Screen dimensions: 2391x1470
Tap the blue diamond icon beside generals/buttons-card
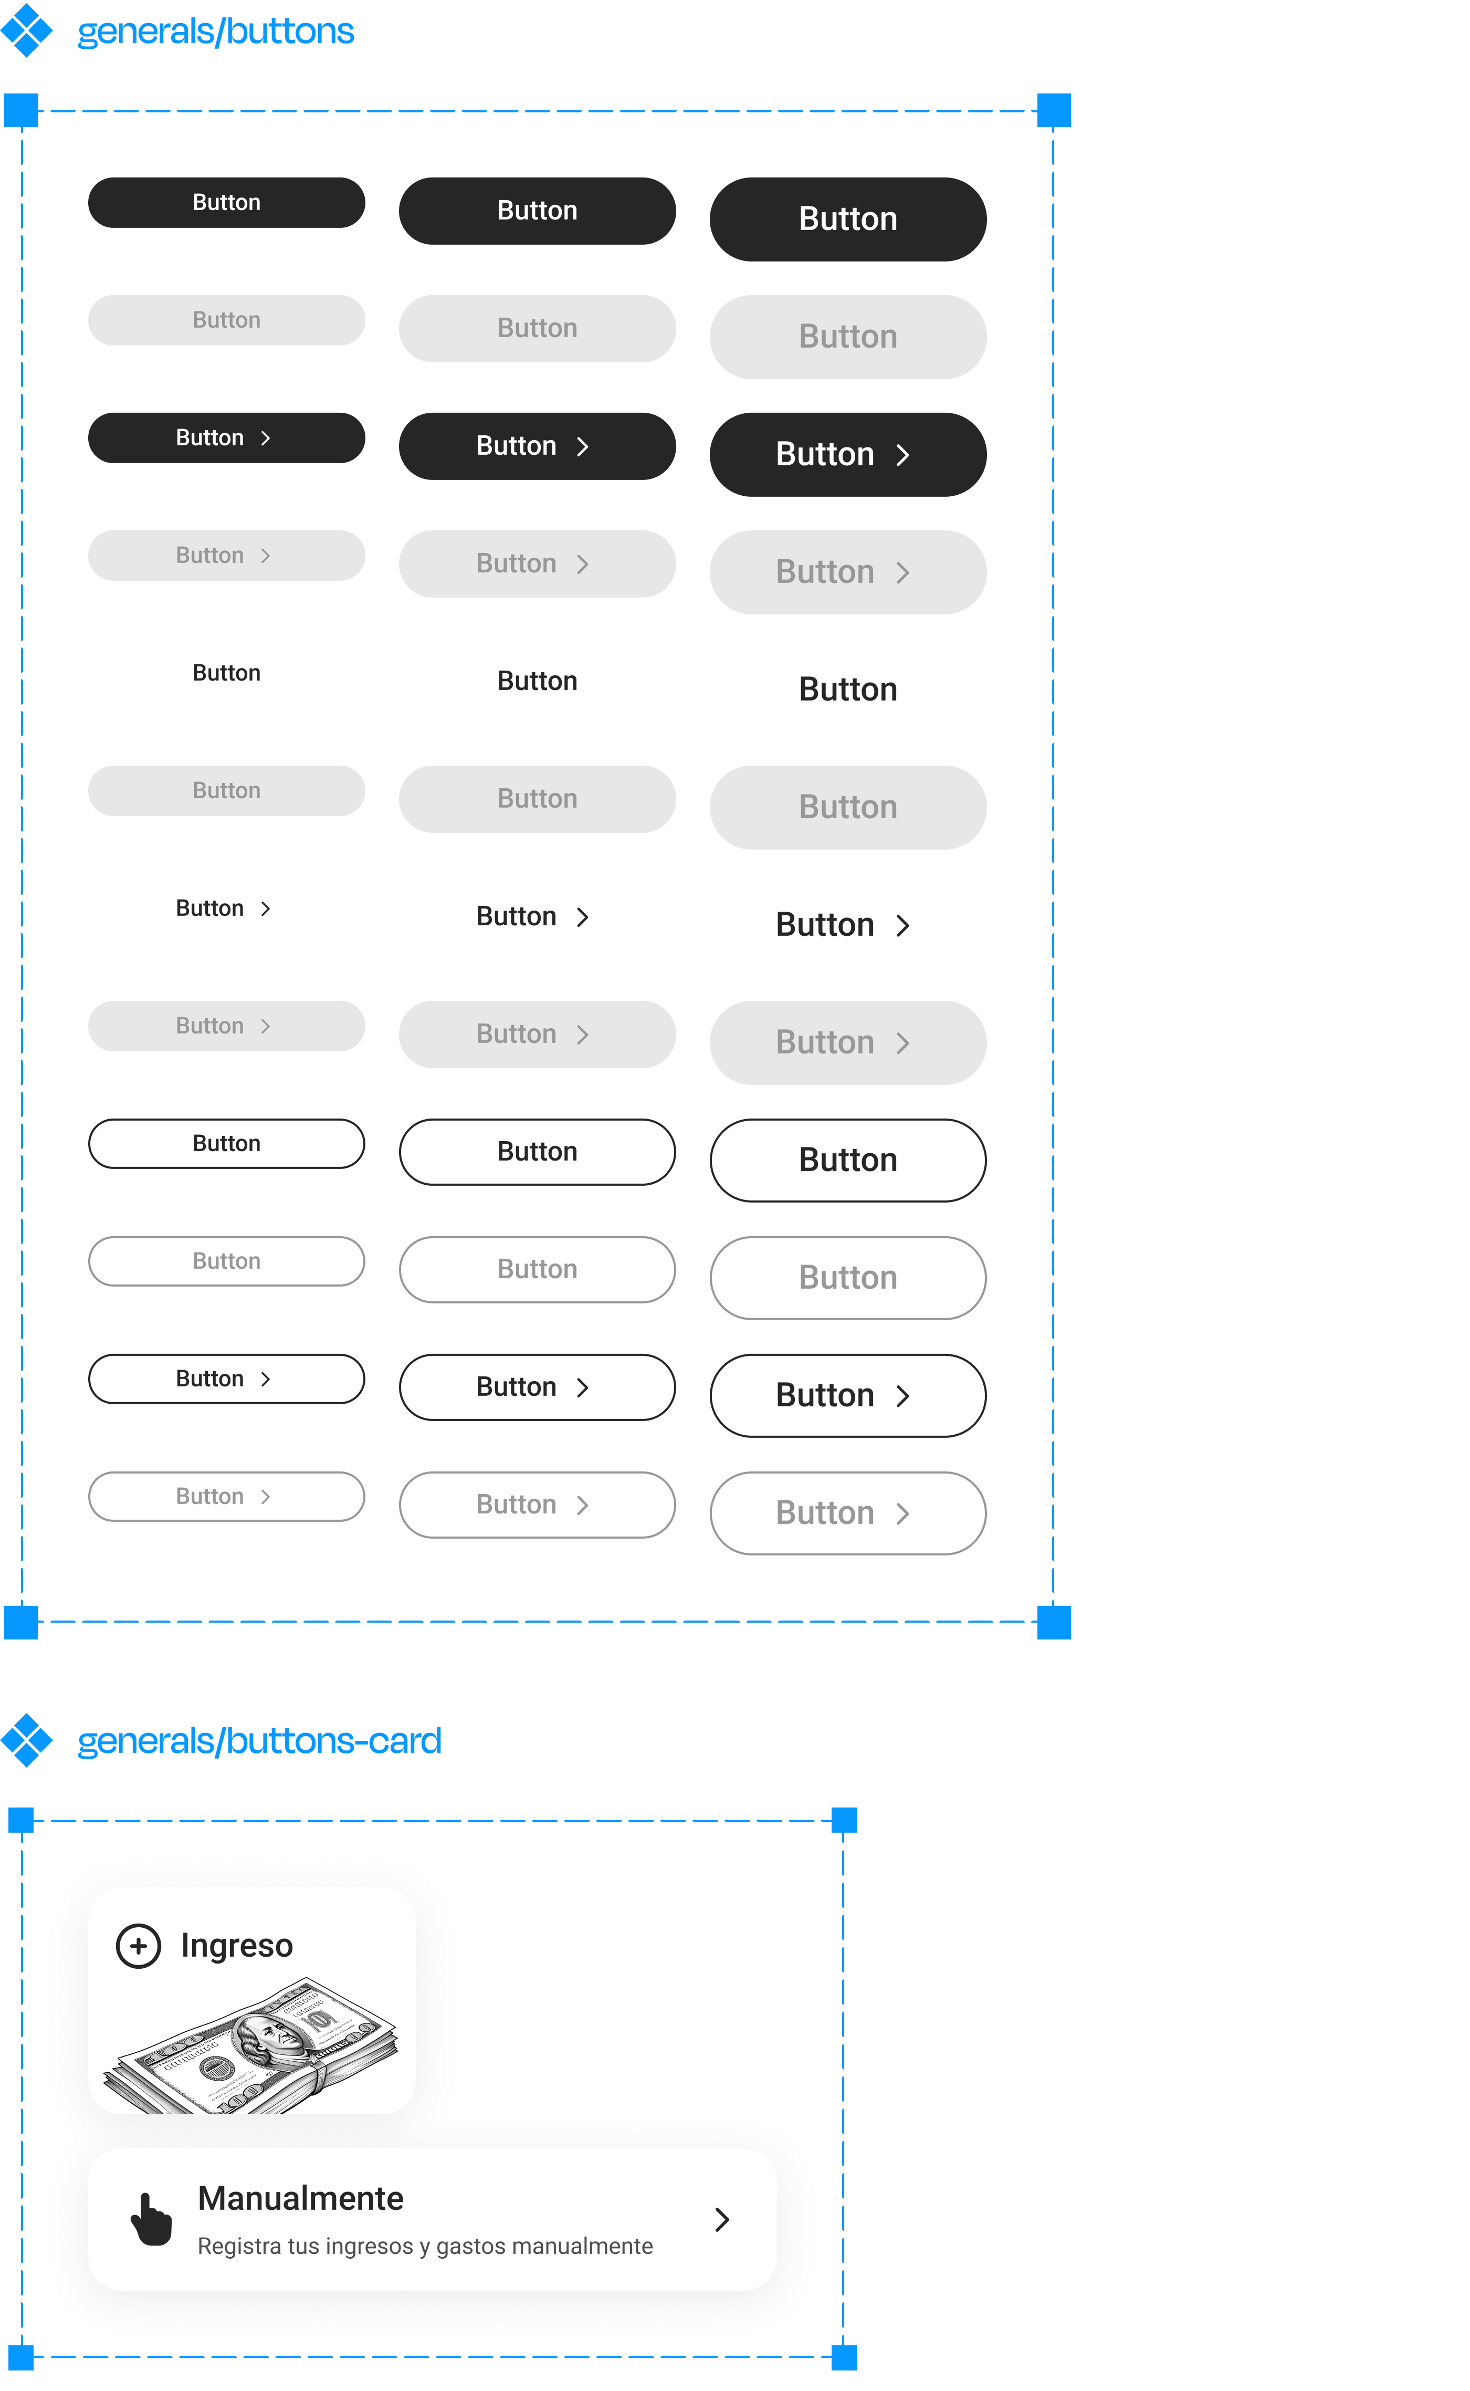click(x=26, y=1740)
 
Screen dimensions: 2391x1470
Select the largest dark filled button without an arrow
click(x=848, y=219)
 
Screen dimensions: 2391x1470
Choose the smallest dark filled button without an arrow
click(x=226, y=202)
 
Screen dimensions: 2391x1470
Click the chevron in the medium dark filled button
click(x=582, y=446)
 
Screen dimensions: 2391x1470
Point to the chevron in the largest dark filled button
click(x=902, y=455)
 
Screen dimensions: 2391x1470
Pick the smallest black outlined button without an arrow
click(x=226, y=1261)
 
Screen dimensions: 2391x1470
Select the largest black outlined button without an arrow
click(x=848, y=1278)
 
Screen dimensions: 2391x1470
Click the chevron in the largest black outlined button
click(x=902, y=1514)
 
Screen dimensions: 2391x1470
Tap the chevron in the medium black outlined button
click(x=582, y=1505)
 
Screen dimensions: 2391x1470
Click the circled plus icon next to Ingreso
click(x=138, y=1946)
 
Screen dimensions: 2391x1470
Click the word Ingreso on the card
click(x=236, y=1946)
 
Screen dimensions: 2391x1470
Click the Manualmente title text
click(x=300, y=2198)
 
